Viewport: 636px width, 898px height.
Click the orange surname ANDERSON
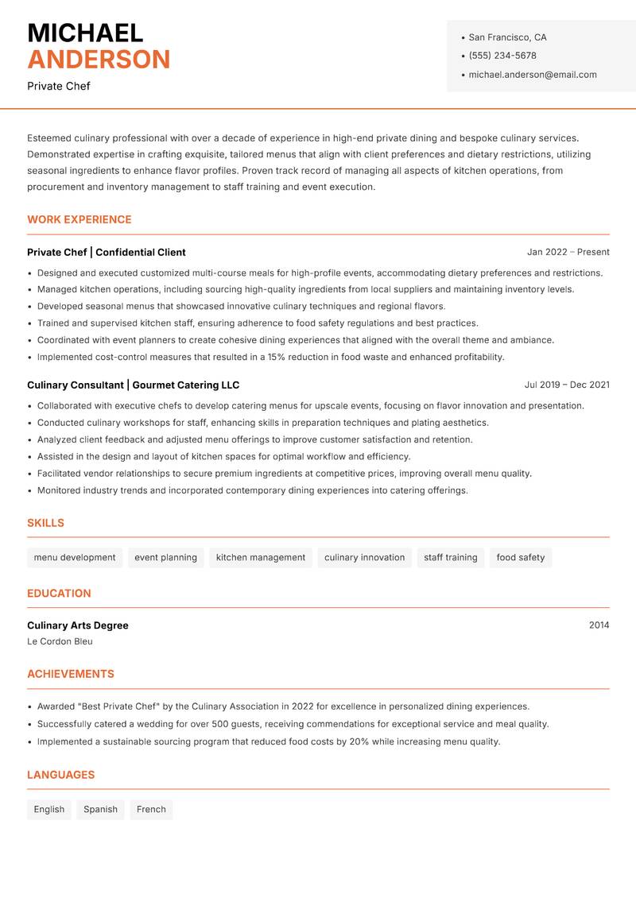(99, 60)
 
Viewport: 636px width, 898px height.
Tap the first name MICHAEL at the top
(85, 33)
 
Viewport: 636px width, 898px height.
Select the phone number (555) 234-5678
(502, 56)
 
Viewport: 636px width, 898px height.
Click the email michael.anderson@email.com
(533, 75)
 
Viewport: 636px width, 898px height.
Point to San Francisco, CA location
(507, 37)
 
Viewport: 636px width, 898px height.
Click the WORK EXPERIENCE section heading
(79, 219)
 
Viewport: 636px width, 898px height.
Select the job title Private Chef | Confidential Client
(107, 252)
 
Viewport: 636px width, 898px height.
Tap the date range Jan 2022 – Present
(568, 252)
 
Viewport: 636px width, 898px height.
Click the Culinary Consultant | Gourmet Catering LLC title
(133, 385)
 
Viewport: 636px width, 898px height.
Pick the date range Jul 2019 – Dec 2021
(567, 385)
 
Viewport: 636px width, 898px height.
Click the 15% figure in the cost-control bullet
(277, 357)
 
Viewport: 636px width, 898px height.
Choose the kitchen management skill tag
(261, 557)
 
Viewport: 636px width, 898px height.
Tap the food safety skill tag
(521, 557)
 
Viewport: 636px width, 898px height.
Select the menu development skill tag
(75, 557)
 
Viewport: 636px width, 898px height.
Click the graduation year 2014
(599, 625)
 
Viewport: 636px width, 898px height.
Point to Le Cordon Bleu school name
(60, 641)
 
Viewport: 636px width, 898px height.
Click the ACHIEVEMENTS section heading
(71, 674)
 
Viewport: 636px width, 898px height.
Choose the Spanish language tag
(100, 809)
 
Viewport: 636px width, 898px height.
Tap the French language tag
(151, 809)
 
